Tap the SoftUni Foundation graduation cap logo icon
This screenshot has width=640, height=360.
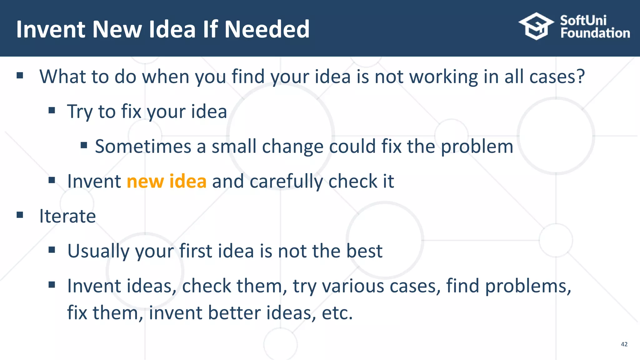(536, 26)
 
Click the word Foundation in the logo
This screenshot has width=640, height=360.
(595, 33)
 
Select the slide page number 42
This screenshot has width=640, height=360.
(624, 344)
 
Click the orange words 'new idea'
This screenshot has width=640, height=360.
(167, 181)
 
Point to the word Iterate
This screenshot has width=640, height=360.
(67, 216)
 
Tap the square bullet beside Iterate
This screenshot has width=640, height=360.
(20, 215)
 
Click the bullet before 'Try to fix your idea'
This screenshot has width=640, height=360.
(52, 110)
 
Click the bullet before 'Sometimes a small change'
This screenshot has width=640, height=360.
(84, 145)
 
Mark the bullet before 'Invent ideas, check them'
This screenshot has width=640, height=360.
(52, 285)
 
